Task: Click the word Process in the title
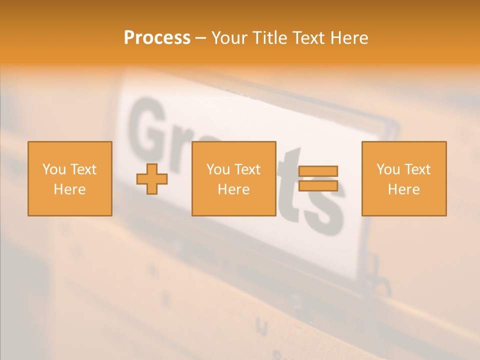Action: pyautogui.click(x=157, y=38)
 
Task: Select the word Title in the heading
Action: pyautogui.click(x=268, y=38)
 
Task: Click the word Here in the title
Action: pyautogui.click(x=350, y=38)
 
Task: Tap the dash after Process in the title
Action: pyautogui.click(x=200, y=38)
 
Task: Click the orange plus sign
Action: pyautogui.click(x=152, y=179)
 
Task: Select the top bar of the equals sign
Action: pyautogui.click(x=318, y=171)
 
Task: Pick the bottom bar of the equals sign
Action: pyautogui.click(x=318, y=185)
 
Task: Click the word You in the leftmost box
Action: pyautogui.click(x=54, y=169)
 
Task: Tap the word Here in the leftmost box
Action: pyautogui.click(x=69, y=189)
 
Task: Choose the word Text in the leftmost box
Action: pyautogui.click(x=83, y=169)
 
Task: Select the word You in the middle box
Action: pyautogui.click(x=218, y=169)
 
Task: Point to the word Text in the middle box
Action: pyautogui.click(x=247, y=169)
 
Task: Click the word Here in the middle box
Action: pyautogui.click(x=233, y=189)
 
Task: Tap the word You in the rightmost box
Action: pyautogui.click(x=388, y=169)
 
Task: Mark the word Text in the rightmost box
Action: pyautogui.click(x=417, y=169)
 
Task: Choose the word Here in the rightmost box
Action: pyautogui.click(x=403, y=189)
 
